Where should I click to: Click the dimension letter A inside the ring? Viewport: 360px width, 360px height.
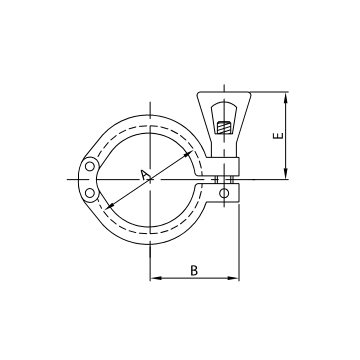pyautogui.click(x=144, y=176)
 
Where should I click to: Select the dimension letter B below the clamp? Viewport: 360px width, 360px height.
pyautogui.click(x=193, y=270)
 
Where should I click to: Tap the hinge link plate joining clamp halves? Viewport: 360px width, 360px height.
pyautogui.click(x=87, y=179)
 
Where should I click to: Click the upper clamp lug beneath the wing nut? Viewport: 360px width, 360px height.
pyautogui.click(x=228, y=164)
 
